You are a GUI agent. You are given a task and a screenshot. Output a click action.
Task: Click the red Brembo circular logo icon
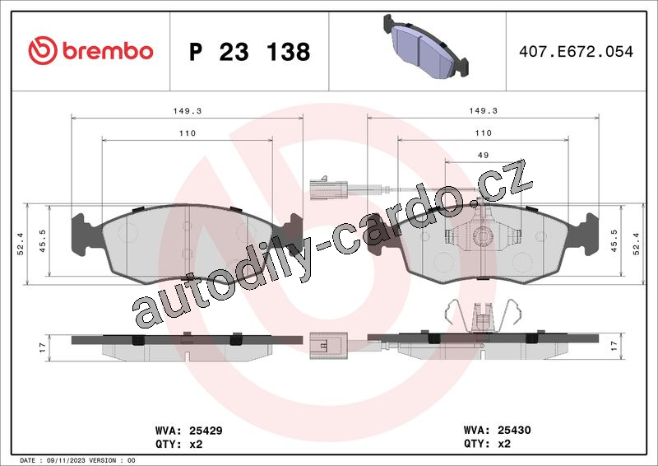click(43, 50)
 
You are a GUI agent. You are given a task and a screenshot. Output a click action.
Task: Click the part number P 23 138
click(250, 52)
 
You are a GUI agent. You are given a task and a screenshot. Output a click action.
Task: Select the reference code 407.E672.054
click(576, 51)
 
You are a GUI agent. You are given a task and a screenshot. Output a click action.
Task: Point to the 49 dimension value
click(483, 155)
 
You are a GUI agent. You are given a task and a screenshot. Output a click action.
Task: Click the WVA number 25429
click(206, 431)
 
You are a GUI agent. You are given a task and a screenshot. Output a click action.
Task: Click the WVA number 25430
click(514, 430)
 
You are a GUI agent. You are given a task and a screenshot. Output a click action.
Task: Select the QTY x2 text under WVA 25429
click(178, 444)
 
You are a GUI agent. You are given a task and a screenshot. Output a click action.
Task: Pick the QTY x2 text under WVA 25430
click(487, 443)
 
